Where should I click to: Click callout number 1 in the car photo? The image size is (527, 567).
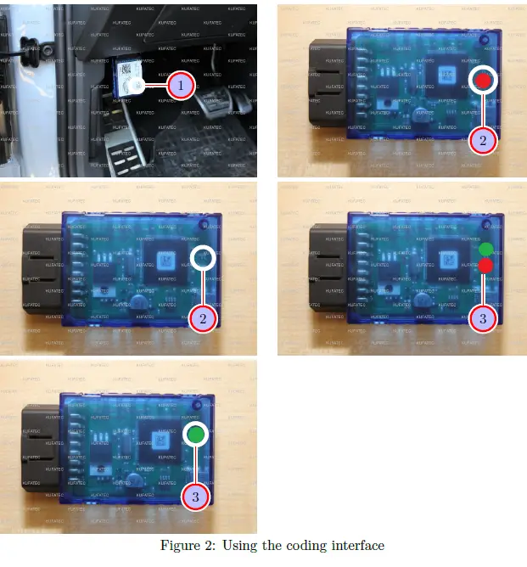click(x=180, y=85)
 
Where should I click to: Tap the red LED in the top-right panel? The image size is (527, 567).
click(x=483, y=81)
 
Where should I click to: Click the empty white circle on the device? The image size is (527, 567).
click(x=203, y=258)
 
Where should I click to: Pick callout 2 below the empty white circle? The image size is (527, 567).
click(x=204, y=318)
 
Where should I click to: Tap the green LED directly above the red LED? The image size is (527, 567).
click(x=485, y=250)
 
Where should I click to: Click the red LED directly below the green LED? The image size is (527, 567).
click(x=485, y=267)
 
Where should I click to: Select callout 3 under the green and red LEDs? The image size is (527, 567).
click(x=483, y=319)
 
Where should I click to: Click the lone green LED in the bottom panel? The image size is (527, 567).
click(x=195, y=435)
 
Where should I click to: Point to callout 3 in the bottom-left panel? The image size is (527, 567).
click(x=195, y=497)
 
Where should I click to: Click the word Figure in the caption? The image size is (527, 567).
click(x=179, y=546)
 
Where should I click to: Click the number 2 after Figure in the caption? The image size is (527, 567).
click(x=207, y=546)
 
